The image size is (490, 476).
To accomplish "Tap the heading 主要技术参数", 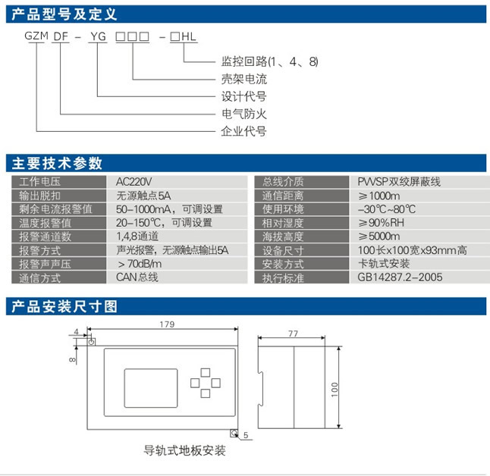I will (57, 164).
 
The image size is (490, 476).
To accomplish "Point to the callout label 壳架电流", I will (243, 79).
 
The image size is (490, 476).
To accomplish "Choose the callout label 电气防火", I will (243, 114).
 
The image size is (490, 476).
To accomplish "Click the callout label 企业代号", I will (243, 131).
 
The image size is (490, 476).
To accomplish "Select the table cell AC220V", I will (134, 182).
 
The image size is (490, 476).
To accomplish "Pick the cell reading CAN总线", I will (137, 277).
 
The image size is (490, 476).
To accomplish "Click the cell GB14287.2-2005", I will (400, 277).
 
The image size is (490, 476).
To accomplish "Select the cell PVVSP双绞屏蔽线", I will (399, 182).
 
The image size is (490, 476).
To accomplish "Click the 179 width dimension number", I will (167, 324).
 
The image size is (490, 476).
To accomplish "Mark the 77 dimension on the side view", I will (293, 334).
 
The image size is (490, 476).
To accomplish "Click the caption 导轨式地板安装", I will (185, 450).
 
